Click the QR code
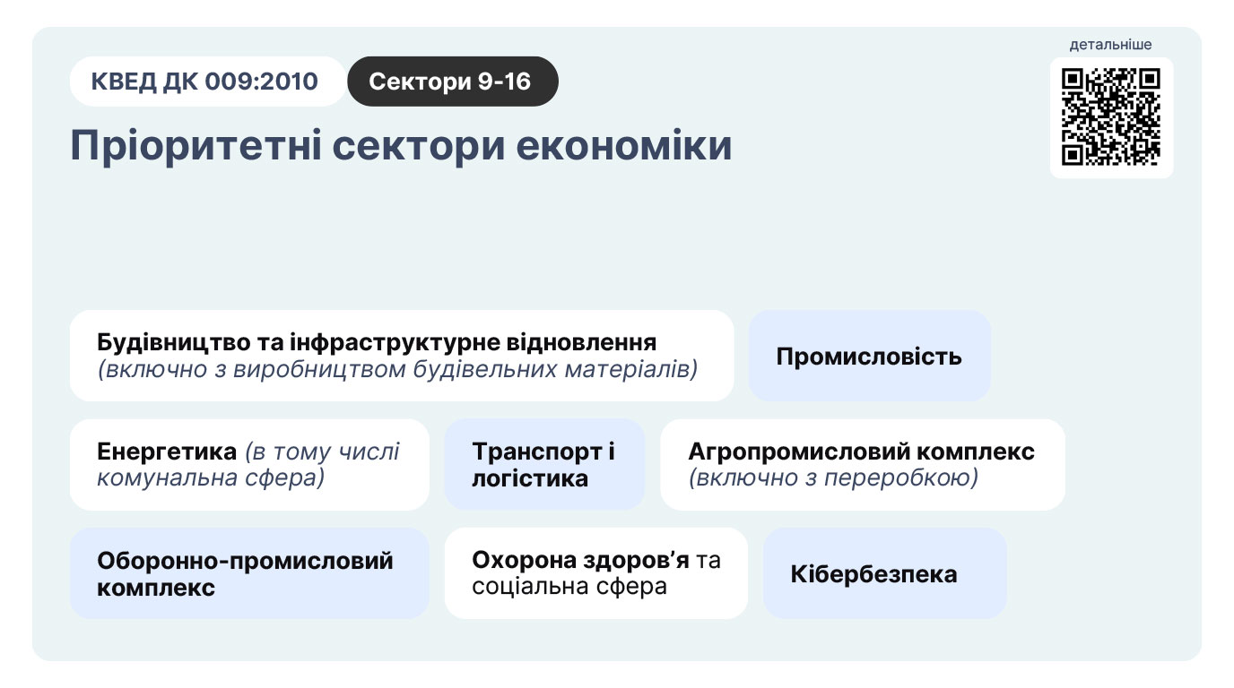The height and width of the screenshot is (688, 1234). click(x=1111, y=116)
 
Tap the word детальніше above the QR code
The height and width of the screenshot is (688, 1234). click(x=1110, y=45)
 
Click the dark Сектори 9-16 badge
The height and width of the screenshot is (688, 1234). click(x=453, y=82)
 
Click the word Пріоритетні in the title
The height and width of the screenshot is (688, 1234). click(x=196, y=146)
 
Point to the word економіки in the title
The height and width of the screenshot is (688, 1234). click(x=624, y=146)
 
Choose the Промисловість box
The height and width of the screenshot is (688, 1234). click(x=869, y=356)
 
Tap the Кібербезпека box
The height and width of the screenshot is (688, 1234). click(x=885, y=573)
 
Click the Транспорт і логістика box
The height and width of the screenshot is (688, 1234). click(x=544, y=465)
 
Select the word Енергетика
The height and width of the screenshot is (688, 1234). click(x=167, y=451)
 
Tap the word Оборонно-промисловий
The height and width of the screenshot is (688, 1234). click(x=245, y=561)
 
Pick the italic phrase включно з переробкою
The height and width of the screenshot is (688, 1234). click(x=833, y=477)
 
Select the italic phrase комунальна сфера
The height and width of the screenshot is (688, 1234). click(x=211, y=477)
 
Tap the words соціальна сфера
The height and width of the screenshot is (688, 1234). click(x=569, y=587)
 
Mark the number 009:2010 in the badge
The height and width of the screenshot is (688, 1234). click(x=261, y=82)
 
